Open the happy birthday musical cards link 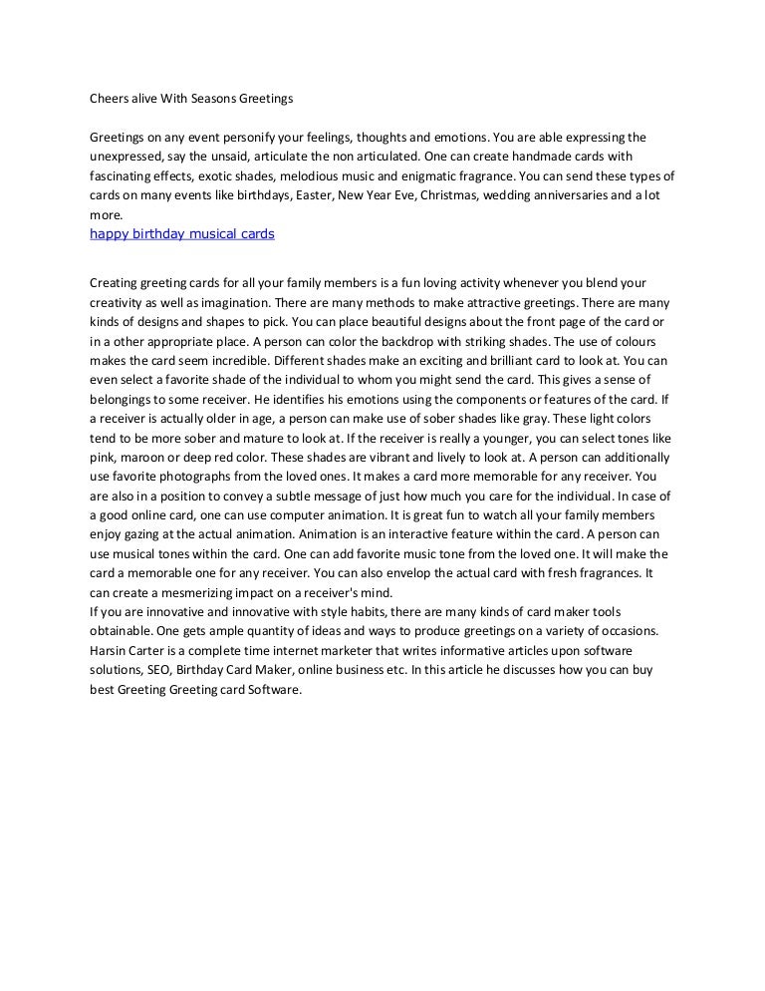pyautogui.click(x=182, y=234)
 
